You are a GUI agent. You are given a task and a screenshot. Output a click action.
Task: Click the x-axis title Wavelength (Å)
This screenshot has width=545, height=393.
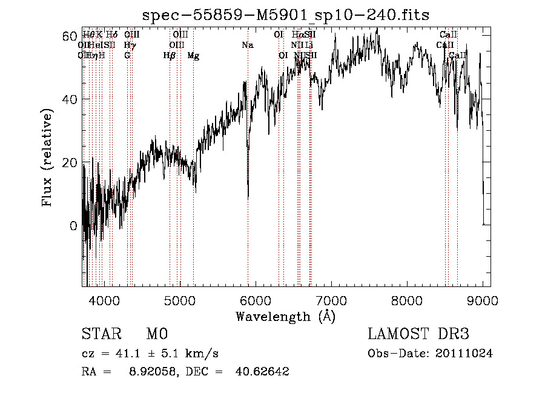[286, 316]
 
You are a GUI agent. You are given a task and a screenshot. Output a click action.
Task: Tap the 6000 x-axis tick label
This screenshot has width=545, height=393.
[255, 300]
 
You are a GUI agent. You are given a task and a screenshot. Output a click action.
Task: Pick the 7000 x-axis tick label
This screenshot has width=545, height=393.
[331, 300]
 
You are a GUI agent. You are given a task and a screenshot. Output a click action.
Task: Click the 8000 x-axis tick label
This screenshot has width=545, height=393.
[407, 300]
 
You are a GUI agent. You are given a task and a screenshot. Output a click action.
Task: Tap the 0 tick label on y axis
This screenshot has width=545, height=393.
[73, 226]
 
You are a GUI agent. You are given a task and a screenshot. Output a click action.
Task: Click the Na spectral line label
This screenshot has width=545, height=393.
[247, 45]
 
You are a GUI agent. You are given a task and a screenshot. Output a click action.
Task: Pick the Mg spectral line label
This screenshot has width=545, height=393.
[193, 56]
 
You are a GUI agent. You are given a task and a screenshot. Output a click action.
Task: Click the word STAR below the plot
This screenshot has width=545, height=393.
[100, 334]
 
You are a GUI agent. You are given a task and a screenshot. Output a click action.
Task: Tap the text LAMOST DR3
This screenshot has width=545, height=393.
[418, 334]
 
